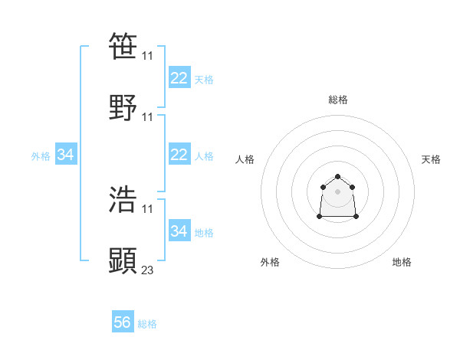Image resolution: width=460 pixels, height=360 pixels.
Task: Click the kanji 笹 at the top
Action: [x=123, y=46]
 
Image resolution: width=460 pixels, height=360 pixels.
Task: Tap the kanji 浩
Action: [x=123, y=199]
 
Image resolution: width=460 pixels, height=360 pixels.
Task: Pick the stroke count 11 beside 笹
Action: [x=148, y=55]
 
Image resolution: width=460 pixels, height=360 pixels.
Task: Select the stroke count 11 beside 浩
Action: [x=148, y=208]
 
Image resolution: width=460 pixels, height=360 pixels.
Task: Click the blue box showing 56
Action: [x=123, y=322]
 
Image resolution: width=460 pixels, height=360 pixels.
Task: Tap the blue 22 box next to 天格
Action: [x=179, y=78]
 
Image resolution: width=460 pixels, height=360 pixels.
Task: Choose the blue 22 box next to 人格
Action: [x=179, y=155]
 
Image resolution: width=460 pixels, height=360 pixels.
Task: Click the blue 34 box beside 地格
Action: [x=179, y=231]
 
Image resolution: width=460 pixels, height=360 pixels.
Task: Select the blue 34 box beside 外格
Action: [x=66, y=155]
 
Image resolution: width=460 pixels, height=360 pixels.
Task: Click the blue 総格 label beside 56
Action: [x=147, y=324]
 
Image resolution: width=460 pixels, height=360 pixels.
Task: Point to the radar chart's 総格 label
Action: [x=338, y=100]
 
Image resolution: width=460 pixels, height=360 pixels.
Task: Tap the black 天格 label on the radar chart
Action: [x=431, y=159]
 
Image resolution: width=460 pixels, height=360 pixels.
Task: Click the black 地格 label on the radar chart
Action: [x=402, y=262]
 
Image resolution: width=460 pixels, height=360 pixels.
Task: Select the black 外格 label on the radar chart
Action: [x=270, y=262]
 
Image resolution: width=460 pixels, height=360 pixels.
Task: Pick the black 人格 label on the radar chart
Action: [x=245, y=159]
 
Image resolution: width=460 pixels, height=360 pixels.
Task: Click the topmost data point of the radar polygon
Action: [x=337, y=177]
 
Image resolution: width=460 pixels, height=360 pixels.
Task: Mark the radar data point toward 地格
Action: [x=356, y=217]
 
